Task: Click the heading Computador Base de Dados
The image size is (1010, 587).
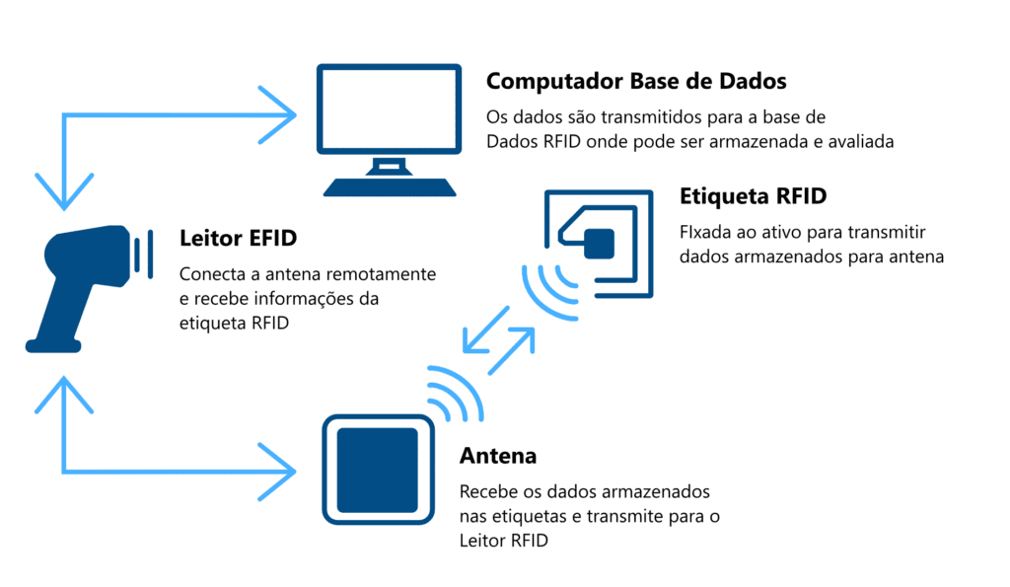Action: coord(636,82)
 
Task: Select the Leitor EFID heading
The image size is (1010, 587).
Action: coord(238,238)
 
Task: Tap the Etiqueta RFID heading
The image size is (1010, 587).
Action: coord(753,196)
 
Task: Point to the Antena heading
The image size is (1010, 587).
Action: coord(498,456)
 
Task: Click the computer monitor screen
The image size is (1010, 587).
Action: coord(389,109)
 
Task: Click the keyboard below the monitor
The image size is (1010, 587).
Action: coord(390,186)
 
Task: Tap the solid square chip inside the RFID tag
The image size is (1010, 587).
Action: coord(599,244)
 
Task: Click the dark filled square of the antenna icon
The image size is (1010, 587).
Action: coord(378,470)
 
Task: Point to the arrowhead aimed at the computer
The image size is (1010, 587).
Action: coord(278,115)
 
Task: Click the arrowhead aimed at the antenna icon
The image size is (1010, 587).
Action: coord(278,472)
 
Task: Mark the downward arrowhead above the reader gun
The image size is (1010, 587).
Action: coord(64,192)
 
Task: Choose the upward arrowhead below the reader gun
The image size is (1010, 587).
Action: coord(64,395)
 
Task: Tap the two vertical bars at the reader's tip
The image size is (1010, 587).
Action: coord(143,254)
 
